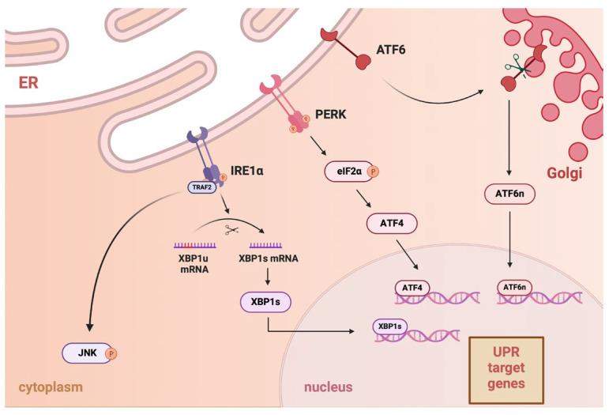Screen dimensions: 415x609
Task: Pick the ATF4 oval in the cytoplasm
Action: coord(392,226)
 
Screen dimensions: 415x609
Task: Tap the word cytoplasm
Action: coord(46,387)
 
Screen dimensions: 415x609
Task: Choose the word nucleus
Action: coord(328,387)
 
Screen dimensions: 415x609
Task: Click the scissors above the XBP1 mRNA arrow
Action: coord(231,229)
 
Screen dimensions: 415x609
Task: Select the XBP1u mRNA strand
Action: coord(195,244)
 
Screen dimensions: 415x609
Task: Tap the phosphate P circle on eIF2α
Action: coord(374,169)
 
